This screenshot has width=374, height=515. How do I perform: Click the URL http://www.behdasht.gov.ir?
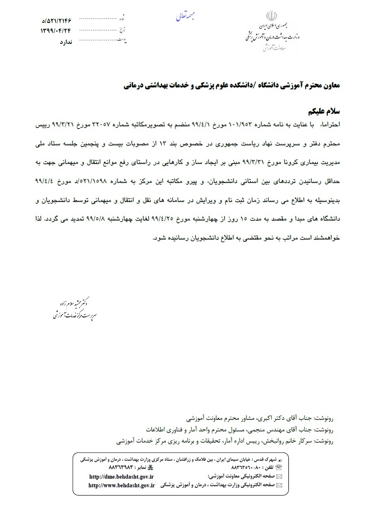pos(121,485)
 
